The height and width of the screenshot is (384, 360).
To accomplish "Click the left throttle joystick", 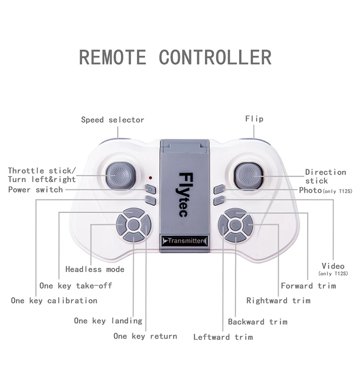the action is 120,176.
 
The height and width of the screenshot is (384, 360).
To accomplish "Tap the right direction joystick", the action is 249,176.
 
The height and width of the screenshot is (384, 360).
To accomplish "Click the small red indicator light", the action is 150,178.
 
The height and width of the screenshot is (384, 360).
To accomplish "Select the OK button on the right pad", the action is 235,225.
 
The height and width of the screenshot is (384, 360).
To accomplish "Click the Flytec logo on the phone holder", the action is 185,195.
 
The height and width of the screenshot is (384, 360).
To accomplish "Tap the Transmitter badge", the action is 185,241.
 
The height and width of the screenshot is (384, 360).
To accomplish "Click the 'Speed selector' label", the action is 113,120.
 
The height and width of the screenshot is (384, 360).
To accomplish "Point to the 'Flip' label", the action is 254,119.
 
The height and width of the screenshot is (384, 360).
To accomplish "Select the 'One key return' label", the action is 145,336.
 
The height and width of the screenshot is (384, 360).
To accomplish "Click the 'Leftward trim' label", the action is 223,337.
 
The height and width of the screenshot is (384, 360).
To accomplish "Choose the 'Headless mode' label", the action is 95,269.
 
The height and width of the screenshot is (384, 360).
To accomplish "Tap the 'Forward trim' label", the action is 308,286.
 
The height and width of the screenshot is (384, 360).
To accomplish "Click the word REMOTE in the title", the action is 113,57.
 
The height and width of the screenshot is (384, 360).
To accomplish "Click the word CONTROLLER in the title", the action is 215,57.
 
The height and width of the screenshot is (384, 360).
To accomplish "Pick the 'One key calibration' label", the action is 54,300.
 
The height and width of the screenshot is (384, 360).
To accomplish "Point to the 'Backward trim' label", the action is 258,322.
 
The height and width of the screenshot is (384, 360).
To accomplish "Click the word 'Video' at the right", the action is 333,266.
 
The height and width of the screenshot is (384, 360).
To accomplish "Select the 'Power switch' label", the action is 36,190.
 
